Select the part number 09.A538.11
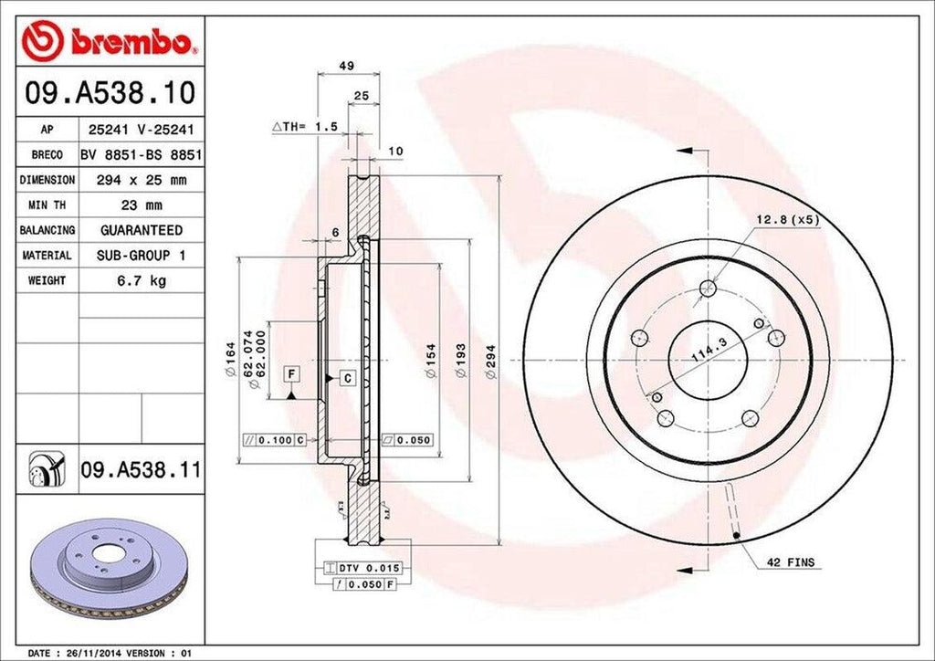click(139, 471)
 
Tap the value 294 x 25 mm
click(141, 180)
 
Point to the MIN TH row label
click(47, 205)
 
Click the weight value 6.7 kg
click(141, 280)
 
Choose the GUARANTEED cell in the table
click(141, 230)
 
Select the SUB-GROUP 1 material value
click(141, 256)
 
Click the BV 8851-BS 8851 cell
click(141, 155)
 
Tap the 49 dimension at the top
click(346, 66)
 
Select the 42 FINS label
click(790, 562)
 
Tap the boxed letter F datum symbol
click(291, 372)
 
